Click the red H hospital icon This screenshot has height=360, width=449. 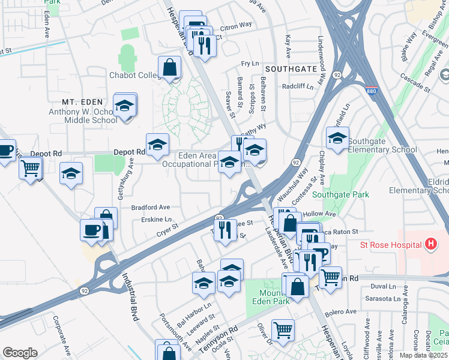[430, 244]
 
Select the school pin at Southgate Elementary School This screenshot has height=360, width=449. [337, 138]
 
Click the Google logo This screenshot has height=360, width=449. [20, 352]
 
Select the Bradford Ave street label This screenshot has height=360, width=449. [151, 207]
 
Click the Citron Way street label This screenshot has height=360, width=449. [237, 26]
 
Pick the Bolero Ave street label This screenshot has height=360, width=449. [340, 313]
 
